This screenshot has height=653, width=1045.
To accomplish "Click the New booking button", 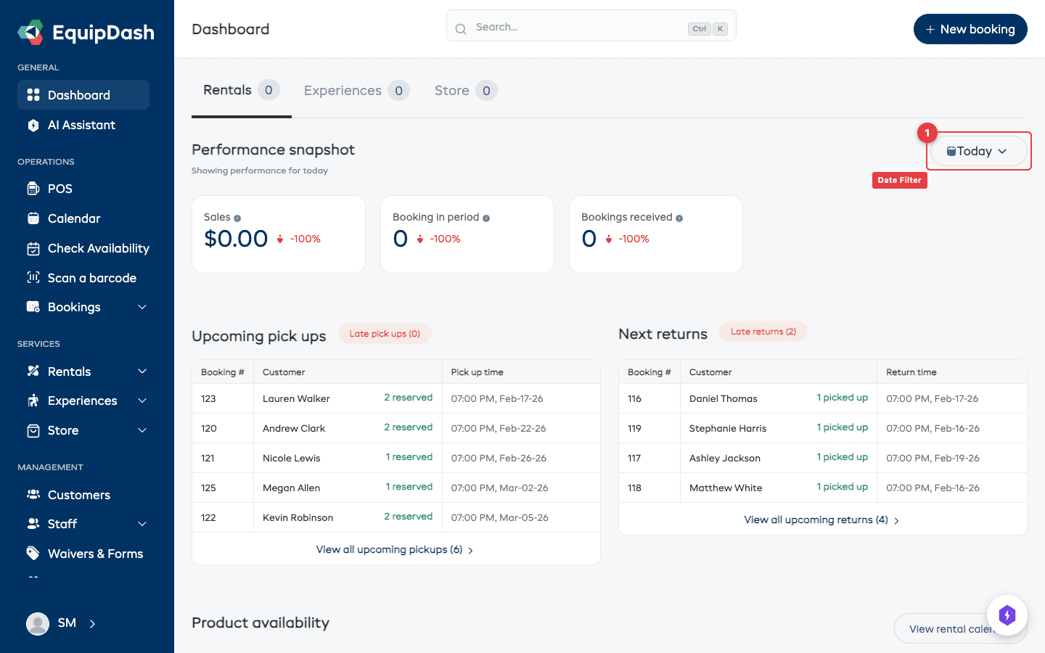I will pyautogui.click(x=970, y=29).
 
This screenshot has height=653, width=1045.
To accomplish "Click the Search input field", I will pyautogui.click(x=581, y=27).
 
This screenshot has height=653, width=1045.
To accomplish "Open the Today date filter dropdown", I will pyautogui.click(x=978, y=151).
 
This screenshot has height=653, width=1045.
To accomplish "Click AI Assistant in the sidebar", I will pyautogui.click(x=81, y=125).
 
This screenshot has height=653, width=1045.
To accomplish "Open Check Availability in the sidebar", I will pyautogui.click(x=98, y=248).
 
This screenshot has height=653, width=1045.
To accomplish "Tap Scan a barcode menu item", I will pyautogui.click(x=91, y=278).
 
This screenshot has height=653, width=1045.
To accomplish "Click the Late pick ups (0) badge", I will pyautogui.click(x=385, y=334).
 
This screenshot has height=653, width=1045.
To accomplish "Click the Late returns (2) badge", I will pyautogui.click(x=763, y=332).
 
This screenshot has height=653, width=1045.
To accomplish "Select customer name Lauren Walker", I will pyautogui.click(x=296, y=398).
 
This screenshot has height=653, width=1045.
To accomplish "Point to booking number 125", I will pyautogui.click(x=209, y=488).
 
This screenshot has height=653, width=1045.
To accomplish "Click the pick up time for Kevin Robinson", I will pyautogui.click(x=499, y=517).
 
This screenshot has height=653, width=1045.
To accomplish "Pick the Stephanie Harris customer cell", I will pyautogui.click(x=727, y=428).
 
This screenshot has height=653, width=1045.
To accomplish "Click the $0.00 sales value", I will pyautogui.click(x=236, y=239).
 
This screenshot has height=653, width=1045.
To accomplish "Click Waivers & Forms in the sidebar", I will pyautogui.click(x=95, y=554).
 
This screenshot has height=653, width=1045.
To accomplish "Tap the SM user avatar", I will pyautogui.click(x=38, y=623).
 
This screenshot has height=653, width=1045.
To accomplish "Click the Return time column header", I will pyautogui.click(x=911, y=372).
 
